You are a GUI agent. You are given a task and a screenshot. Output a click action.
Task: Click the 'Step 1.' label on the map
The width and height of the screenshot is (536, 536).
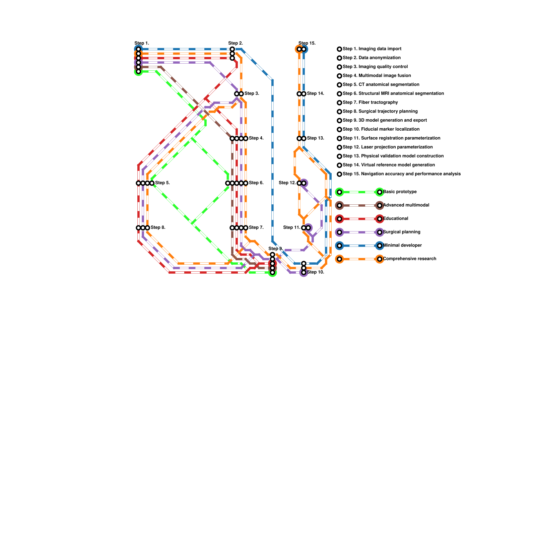142,43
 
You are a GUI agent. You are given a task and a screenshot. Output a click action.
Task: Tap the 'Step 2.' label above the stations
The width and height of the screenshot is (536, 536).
236,43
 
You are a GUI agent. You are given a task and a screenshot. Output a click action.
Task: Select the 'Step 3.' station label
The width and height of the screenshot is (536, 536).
252,93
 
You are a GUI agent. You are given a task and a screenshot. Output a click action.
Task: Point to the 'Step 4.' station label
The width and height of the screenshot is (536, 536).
256,138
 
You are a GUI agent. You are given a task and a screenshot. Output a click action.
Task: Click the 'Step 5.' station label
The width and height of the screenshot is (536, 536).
162,183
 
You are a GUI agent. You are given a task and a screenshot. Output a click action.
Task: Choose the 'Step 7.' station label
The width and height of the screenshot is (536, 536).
256,228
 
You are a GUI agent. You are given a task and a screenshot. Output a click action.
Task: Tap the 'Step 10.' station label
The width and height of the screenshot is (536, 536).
316,272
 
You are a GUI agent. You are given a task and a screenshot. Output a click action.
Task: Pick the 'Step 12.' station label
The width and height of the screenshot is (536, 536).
287,183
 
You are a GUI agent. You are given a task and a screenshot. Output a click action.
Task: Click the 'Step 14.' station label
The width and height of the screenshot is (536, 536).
316,93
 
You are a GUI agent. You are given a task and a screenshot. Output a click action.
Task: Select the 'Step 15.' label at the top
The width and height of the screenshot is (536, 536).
307,43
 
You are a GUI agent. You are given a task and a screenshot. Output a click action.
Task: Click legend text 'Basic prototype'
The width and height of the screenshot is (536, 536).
400,192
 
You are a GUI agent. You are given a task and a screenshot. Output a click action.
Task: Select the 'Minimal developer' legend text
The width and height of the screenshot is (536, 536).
402,245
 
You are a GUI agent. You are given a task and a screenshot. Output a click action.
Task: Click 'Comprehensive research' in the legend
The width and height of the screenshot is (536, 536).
409,259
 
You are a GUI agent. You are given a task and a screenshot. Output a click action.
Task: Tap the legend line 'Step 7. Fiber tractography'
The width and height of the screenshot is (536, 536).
370,103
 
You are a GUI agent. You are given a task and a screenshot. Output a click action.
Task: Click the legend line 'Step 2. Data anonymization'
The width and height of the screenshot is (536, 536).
372,58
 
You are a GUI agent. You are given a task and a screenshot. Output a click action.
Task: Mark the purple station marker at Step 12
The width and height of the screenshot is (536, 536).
304,183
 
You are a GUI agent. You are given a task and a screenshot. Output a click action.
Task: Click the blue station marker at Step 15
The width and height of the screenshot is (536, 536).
304,49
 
